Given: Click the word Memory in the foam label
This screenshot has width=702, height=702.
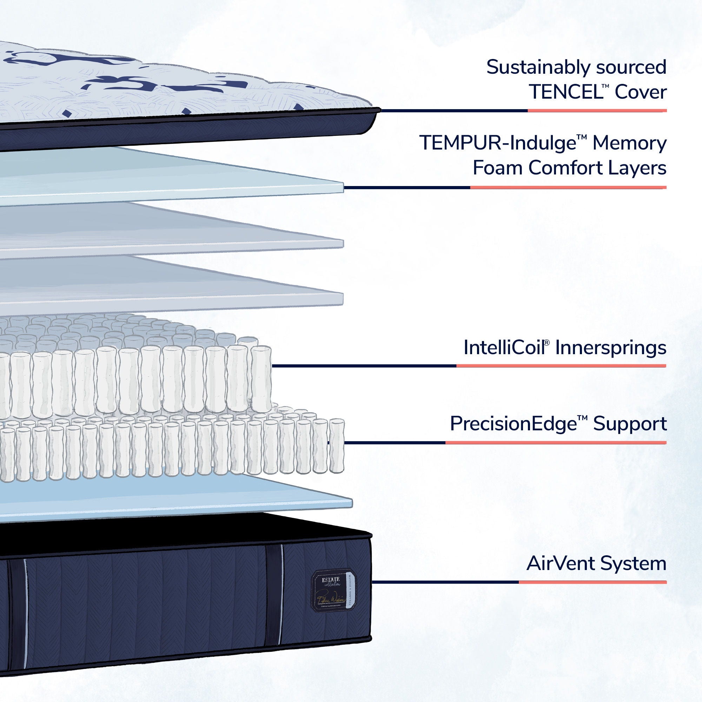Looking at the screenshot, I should pos(629,144).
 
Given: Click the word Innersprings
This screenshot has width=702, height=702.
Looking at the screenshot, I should pos(611,348).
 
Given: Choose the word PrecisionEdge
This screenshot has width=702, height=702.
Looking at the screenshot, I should pos(513,424).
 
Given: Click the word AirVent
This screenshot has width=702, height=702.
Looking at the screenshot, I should pos(560,564).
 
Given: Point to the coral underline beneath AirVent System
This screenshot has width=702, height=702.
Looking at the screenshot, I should pos(592,582).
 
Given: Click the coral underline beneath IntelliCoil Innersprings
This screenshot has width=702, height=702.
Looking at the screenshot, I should pos(561,366).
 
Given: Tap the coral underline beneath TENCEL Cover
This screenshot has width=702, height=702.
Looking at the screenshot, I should pos(597,111).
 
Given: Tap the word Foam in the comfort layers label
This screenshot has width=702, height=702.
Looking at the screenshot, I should pos(497,168).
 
